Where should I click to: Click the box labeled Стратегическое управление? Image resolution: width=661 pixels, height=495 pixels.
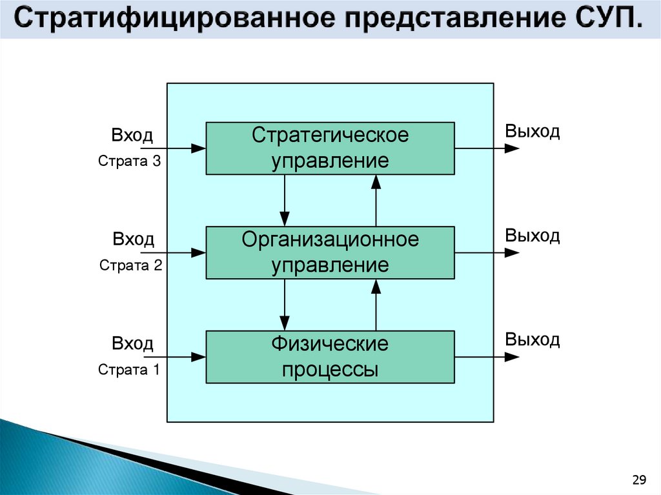[x=330, y=148]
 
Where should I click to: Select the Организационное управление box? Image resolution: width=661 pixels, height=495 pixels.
[x=330, y=252]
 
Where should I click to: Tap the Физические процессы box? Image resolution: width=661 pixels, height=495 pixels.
[x=330, y=357]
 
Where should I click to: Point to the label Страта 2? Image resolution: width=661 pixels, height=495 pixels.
[x=130, y=265]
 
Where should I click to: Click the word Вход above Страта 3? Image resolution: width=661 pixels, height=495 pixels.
[x=132, y=136]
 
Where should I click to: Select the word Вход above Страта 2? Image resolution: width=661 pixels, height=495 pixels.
[x=134, y=240]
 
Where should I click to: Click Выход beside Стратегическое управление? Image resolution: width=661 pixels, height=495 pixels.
[x=533, y=132]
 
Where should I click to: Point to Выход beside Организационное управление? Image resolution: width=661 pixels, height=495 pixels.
[x=533, y=236]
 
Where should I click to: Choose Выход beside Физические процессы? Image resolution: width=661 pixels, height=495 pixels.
[x=533, y=339]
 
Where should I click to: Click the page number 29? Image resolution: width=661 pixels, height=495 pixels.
[x=639, y=479]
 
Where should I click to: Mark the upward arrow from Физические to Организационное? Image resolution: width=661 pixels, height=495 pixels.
[x=376, y=305]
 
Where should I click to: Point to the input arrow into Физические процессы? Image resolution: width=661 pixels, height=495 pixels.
[x=174, y=356]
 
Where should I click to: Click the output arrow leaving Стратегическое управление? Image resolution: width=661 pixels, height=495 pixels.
[x=487, y=148]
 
